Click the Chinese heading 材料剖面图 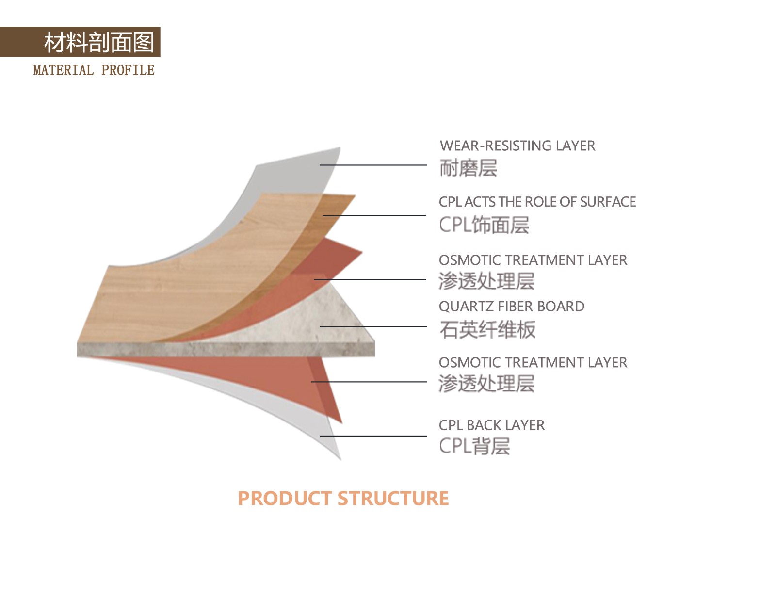(x=99, y=42)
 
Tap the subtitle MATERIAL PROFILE (x=94, y=70)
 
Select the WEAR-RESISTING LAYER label (x=517, y=146)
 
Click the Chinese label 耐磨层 (x=469, y=168)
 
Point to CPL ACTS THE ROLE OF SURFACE (x=537, y=202)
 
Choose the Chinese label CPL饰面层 (x=484, y=225)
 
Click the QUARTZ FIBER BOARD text (x=512, y=306)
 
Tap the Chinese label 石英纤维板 (x=487, y=329)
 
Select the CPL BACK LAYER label (x=491, y=425)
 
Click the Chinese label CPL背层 (x=474, y=446)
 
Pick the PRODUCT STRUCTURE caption (x=343, y=499)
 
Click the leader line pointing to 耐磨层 (x=373, y=165)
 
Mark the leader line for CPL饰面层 (x=374, y=216)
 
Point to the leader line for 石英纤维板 (x=373, y=327)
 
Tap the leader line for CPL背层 (x=373, y=436)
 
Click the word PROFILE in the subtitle (x=128, y=70)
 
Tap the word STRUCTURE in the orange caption (x=393, y=499)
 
